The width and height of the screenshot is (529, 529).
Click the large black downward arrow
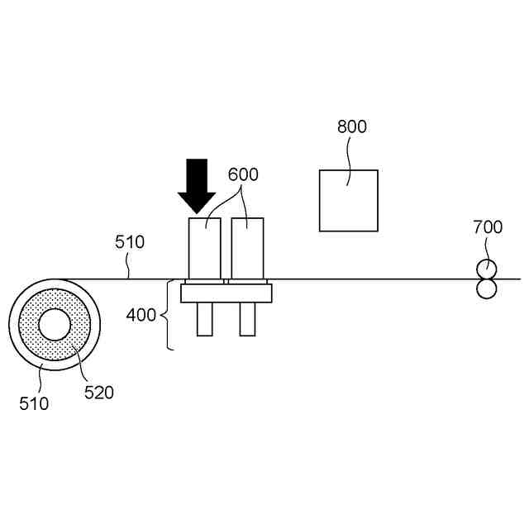point(197,186)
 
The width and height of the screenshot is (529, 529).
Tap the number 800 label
point(352,127)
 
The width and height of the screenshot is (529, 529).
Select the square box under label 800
point(349,201)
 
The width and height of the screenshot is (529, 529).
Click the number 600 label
point(243,175)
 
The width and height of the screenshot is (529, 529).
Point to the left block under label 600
point(204,248)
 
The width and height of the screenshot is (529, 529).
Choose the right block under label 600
point(247,248)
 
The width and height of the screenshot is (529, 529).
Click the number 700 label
point(487,227)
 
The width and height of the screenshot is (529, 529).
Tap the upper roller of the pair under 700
point(486,269)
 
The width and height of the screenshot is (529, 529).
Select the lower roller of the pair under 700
point(486,288)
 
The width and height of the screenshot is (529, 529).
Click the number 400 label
point(141,315)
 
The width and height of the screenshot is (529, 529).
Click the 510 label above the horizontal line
point(129,243)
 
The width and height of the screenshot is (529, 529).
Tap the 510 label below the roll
point(34,404)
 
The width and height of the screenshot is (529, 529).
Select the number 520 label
point(99,393)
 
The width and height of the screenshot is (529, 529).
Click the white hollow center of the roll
point(55,325)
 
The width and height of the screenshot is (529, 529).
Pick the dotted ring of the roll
point(31,325)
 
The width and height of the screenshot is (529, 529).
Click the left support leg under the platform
point(204,319)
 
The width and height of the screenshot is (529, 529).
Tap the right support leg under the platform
point(247,319)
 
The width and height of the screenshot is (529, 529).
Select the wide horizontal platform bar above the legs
point(226,293)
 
